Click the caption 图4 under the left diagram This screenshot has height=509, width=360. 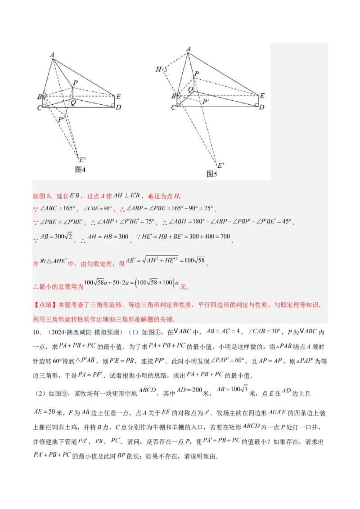click(x=80, y=170)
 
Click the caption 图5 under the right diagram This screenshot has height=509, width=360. click(x=211, y=174)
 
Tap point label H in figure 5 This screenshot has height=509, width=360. click(x=158, y=69)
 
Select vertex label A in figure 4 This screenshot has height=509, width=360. click(x=52, y=55)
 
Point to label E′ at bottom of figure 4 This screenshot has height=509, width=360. click(x=82, y=160)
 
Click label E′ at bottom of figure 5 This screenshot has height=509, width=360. click(x=220, y=165)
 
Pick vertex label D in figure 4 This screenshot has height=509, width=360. click(x=118, y=107)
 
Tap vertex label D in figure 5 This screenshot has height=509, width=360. click(x=261, y=107)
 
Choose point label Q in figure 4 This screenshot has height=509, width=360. click(x=73, y=103)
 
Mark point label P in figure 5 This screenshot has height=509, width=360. click(x=197, y=73)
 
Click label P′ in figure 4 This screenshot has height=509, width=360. click(x=61, y=120)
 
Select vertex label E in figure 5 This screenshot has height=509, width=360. click(x=262, y=95)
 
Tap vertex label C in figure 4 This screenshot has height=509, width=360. click(x=39, y=108)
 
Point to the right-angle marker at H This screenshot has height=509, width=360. click(x=165, y=70)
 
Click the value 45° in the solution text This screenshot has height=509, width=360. click(x=286, y=222)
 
